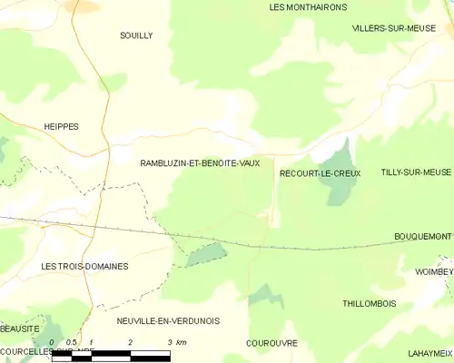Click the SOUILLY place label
[136, 35]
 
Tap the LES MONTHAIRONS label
[308, 6]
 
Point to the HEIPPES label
[62, 127]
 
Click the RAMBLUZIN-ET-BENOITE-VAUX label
[200, 162]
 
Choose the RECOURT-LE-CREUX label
[320, 172]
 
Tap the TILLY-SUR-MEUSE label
[415, 172]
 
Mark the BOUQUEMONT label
[422, 236]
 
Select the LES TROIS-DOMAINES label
[85, 266]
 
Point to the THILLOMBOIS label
[369, 303]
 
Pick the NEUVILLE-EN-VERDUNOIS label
[168, 320]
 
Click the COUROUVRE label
[271, 343]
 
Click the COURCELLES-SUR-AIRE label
[45, 350]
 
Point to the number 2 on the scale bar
[131, 342]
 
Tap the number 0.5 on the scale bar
[71, 342]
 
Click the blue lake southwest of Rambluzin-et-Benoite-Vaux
[206, 254]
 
